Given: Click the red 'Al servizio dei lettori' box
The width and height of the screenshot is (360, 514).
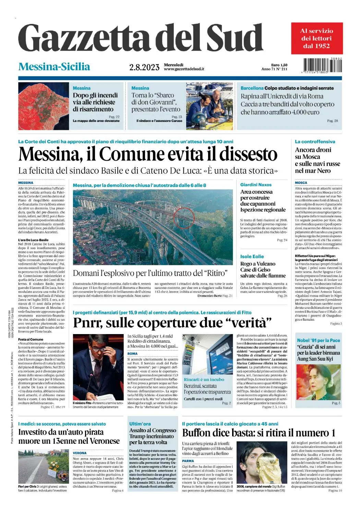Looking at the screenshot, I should (x=317, y=38).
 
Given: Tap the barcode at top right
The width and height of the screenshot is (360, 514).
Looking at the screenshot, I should (x=322, y=65).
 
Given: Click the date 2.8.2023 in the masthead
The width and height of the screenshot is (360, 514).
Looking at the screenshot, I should (x=144, y=67).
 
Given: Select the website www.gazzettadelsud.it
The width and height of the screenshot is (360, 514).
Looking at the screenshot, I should (x=184, y=69).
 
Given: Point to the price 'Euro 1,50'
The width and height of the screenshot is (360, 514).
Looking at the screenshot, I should (x=279, y=65).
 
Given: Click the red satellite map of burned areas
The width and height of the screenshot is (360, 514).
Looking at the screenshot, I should (x=44, y=106).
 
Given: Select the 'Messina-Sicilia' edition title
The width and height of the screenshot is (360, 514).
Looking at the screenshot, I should (x=54, y=66).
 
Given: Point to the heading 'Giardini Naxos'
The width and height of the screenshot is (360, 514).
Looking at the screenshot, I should (x=256, y=185).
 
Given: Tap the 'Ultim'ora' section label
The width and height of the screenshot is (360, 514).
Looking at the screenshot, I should (x=140, y=424).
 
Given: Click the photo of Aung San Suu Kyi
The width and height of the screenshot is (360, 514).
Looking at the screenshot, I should (x=319, y=382).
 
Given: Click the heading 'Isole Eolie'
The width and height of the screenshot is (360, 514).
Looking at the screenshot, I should (x=252, y=256).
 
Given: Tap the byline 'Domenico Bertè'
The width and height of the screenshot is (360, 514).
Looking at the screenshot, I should (x=209, y=295).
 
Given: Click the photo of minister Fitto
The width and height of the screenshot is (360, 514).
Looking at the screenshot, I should (x=98, y=367).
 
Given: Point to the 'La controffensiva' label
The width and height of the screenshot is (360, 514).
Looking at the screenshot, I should (x=315, y=142).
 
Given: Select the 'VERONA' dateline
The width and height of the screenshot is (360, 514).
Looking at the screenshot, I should (x=80, y=453).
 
